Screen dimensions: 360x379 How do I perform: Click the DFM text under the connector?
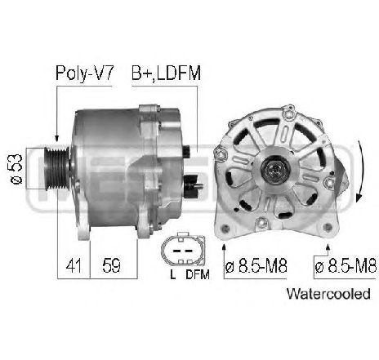click(197, 274)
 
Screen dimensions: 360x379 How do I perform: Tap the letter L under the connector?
click(173, 274)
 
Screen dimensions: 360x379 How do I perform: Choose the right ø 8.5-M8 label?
click(344, 267)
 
